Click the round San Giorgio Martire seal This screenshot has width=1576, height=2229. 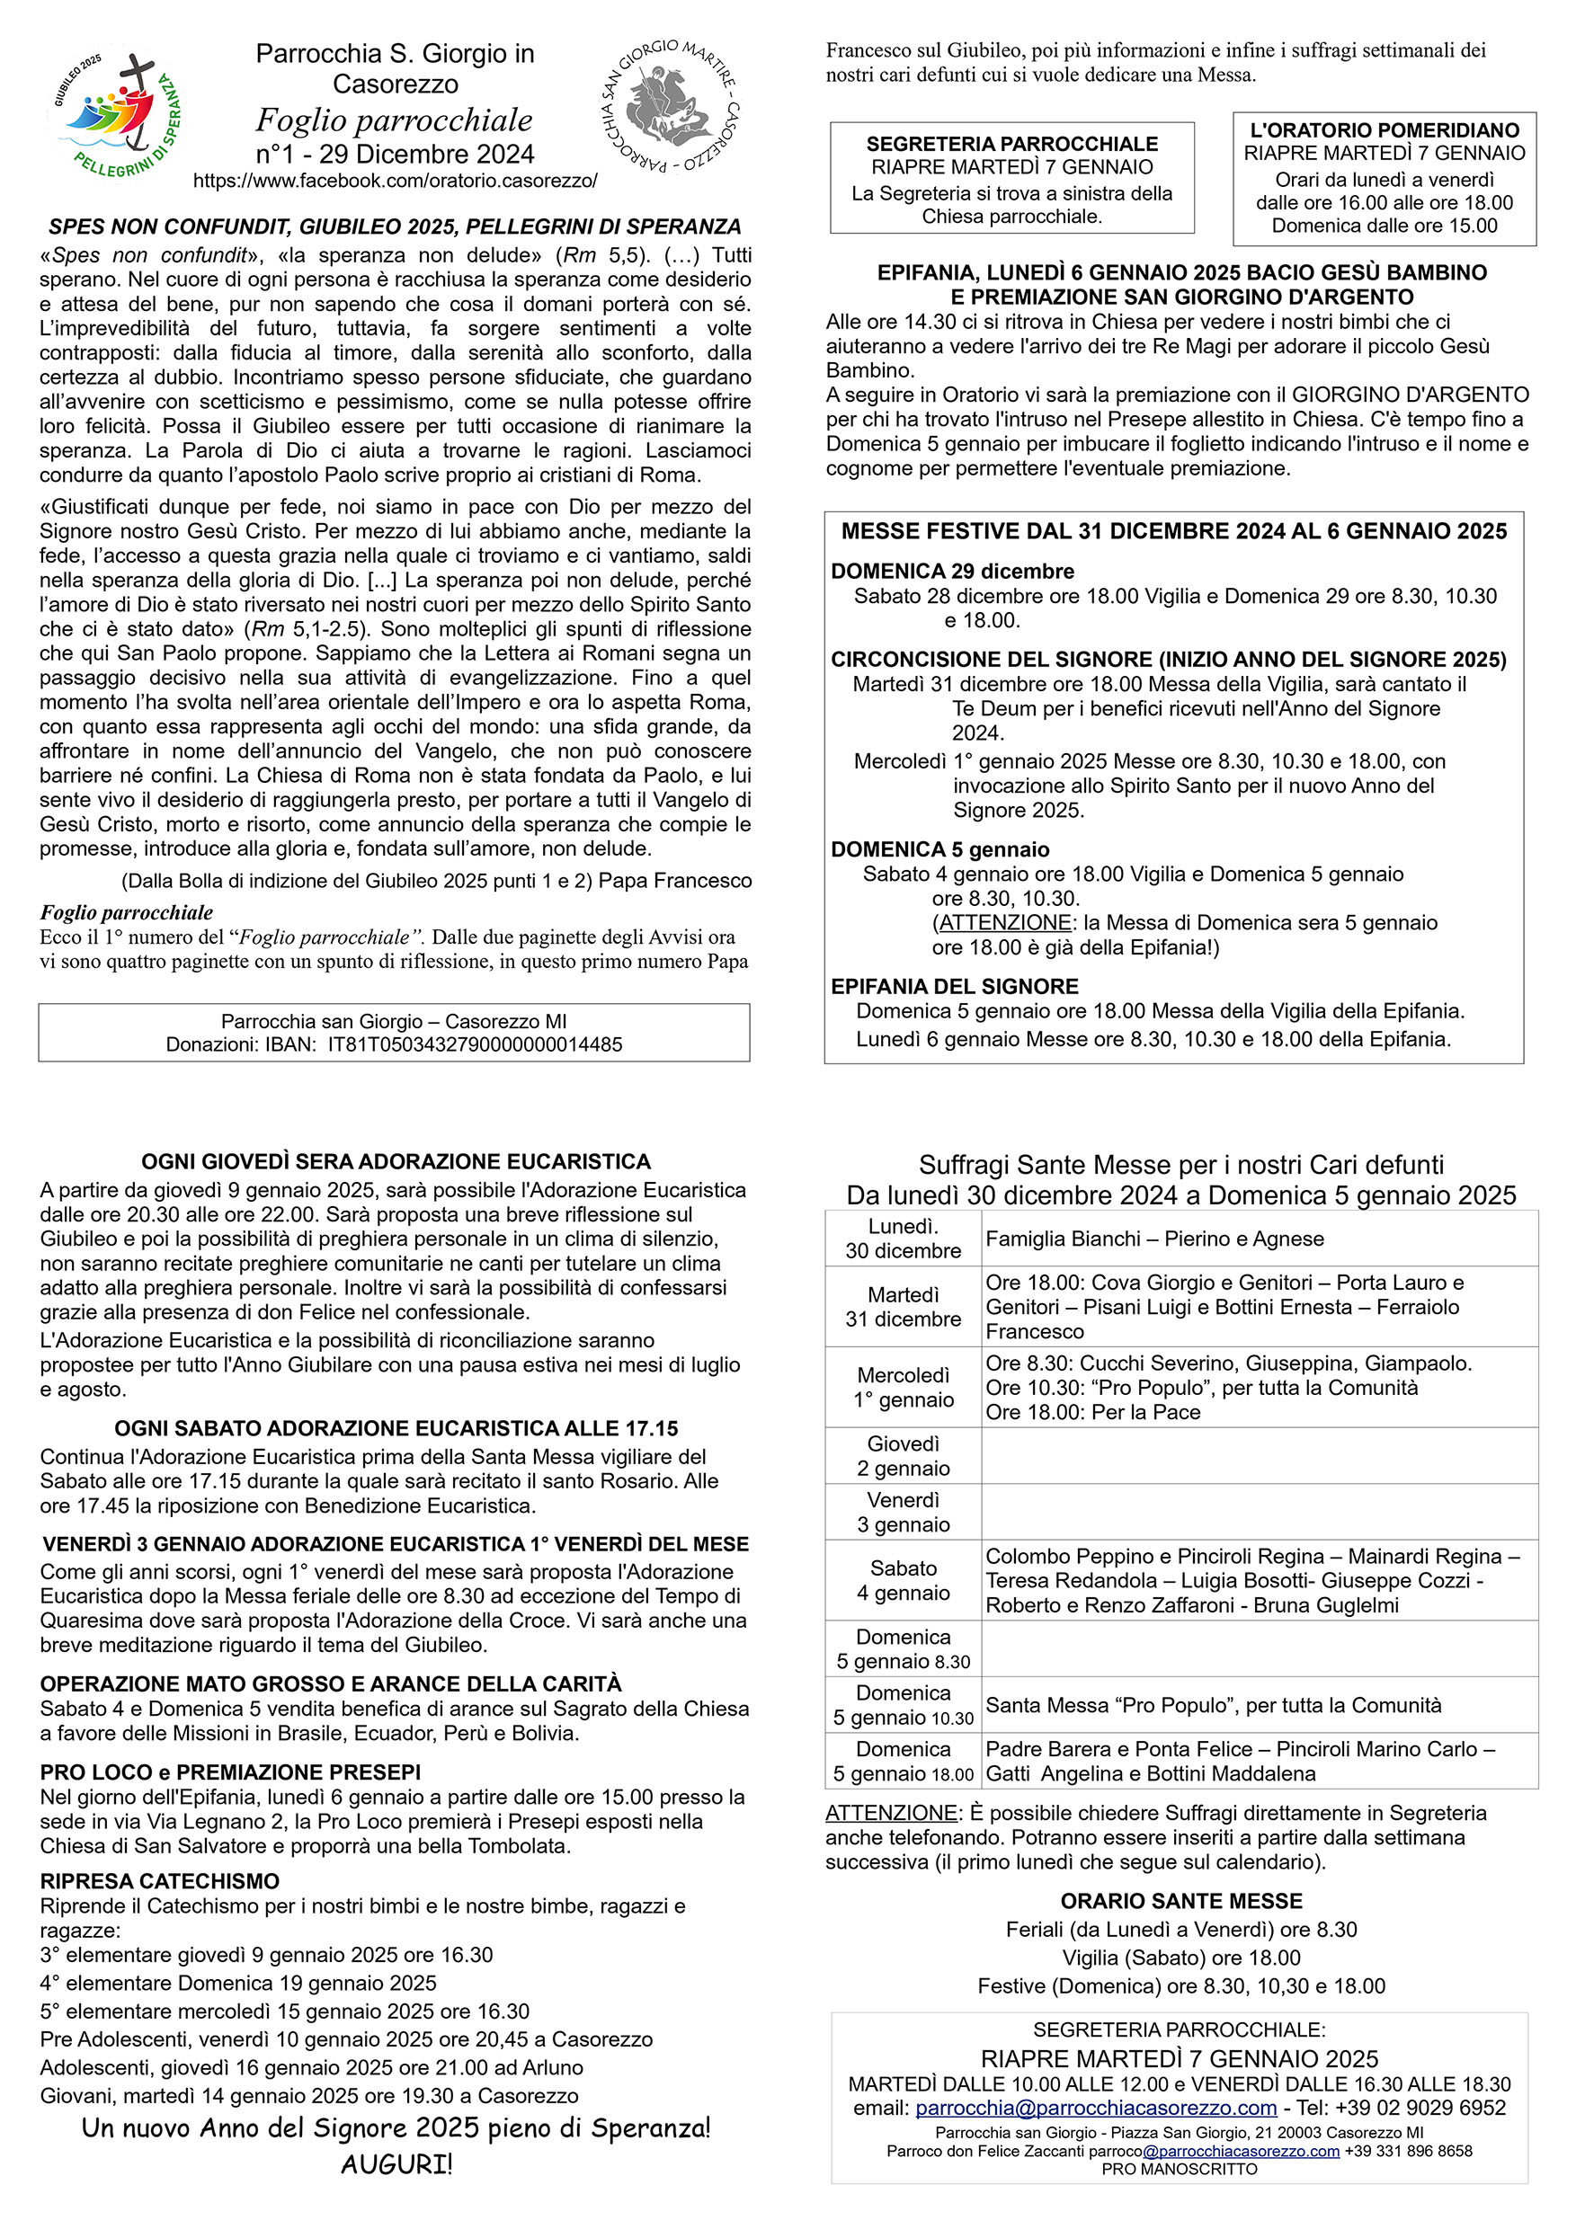point(668,107)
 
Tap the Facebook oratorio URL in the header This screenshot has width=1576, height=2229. point(396,181)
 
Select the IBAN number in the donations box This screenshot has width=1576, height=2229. point(475,1044)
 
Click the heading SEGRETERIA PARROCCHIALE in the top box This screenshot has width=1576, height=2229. point(1011,144)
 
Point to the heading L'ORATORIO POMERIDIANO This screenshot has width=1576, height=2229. point(1384,130)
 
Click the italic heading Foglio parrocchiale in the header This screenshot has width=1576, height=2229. point(395,120)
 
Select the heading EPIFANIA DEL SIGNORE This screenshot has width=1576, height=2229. point(954,986)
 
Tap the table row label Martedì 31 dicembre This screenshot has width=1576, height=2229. point(902,1307)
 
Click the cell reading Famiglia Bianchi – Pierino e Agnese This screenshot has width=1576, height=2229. point(1154,1239)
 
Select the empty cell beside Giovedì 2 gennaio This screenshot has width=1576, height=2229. point(1259,1455)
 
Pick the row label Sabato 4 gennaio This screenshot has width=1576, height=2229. point(902,1579)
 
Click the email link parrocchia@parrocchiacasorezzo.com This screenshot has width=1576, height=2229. point(1095,2108)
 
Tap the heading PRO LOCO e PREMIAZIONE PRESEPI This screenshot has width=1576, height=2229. point(230,1772)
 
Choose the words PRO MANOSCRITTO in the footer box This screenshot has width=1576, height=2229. point(1179,2169)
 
